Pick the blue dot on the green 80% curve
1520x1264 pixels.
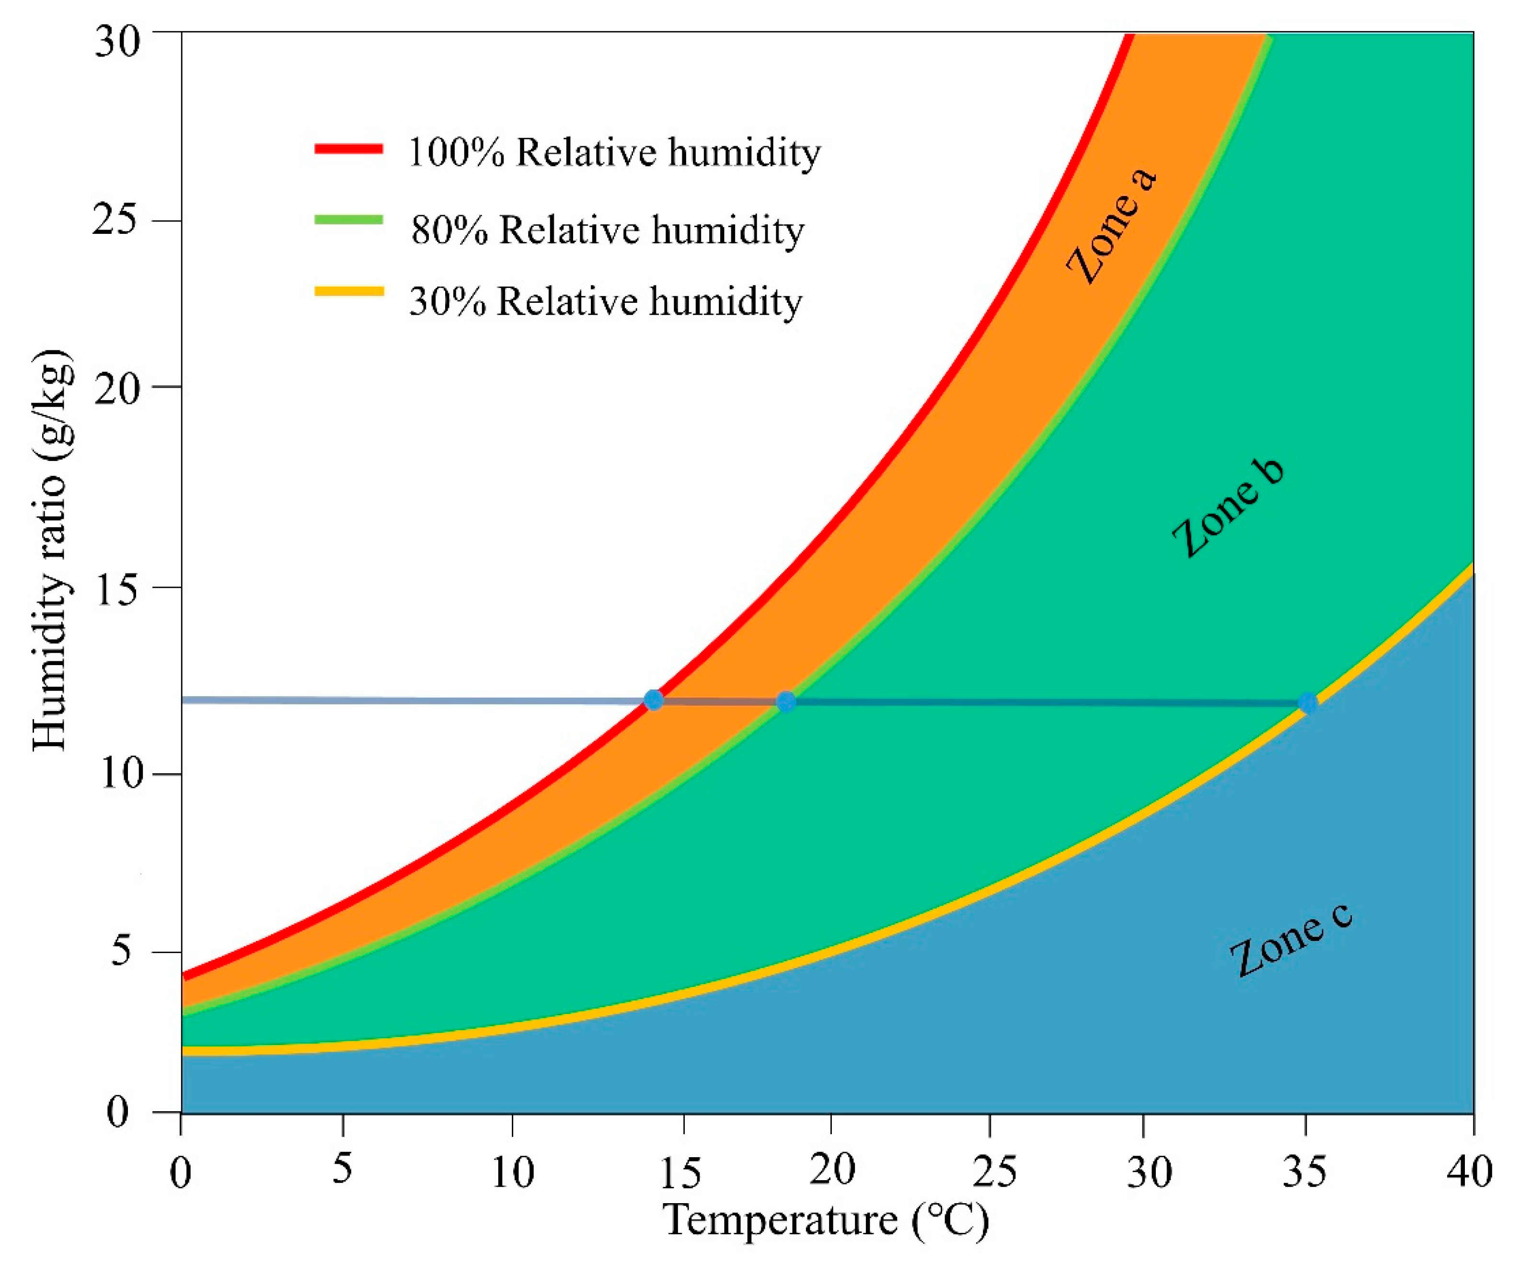pos(785,701)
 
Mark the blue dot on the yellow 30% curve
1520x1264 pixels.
pos(1307,702)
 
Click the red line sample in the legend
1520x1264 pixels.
pos(348,149)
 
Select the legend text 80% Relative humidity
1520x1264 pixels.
pos(607,230)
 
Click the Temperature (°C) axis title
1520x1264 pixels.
pos(826,1220)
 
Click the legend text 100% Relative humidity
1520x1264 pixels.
pos(614,152)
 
